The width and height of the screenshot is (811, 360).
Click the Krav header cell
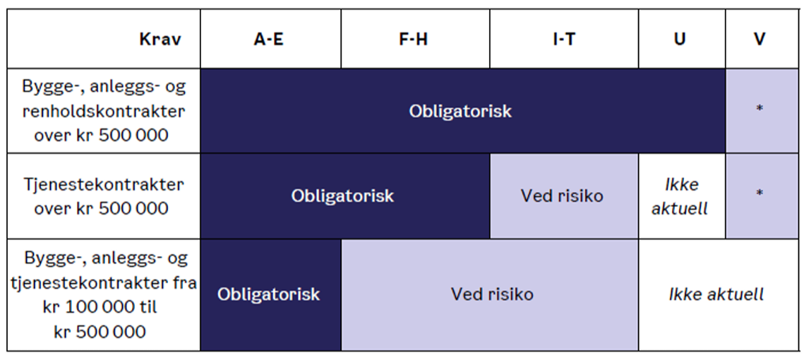(103, 39)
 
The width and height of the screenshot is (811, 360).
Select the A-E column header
(270, 39)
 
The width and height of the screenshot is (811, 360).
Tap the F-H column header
(415, 39)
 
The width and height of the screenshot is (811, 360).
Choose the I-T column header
(564, 39)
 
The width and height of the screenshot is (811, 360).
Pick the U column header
(682, 39)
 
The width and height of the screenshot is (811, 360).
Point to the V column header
(762, 39)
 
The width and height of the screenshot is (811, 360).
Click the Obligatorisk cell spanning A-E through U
(463, 111)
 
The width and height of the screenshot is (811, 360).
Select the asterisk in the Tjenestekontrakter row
(759, 193)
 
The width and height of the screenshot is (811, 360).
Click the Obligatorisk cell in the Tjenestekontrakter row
(345, 196)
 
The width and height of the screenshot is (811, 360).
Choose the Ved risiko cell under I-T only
(564, 196)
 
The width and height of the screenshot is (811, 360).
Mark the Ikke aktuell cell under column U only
(682, 196)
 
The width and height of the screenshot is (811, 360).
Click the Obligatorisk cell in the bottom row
(270, 295)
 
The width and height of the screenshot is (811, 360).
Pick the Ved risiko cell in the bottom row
(490, 295)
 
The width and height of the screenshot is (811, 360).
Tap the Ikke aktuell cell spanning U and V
(719, 295)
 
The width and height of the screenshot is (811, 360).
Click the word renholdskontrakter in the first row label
(104, 111)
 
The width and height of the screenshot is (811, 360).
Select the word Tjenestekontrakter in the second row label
(104, 185)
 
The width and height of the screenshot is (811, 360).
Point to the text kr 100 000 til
(100, 307)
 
